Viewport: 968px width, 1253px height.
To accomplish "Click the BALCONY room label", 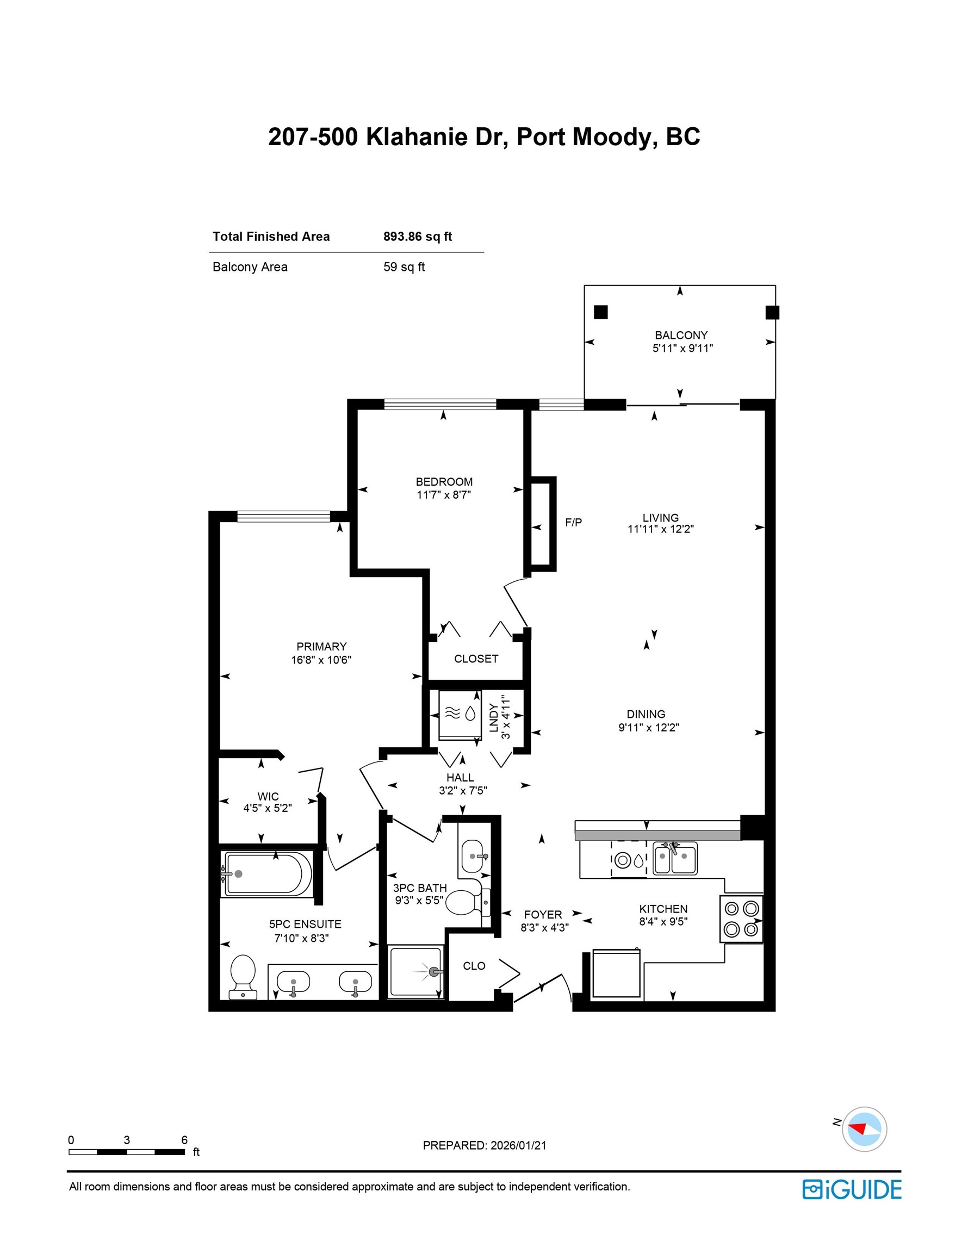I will pyautogui.click(x=681, y=335).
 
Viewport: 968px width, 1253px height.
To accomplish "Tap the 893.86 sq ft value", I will pyautogui.click(x=417, y=237).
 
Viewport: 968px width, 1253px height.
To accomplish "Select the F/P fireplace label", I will pyautogui.click(x=573, y=522).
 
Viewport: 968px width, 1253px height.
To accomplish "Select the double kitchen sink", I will pyautogui.click(x=675, y=859).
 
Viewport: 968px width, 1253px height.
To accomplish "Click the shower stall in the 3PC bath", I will pyautogui.click(x=415, y=972).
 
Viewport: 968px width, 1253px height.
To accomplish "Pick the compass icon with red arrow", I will pyautogui.click(x=864, y=1129).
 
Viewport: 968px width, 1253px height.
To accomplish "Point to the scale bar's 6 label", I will pyautogui.click(x=184, y=1140).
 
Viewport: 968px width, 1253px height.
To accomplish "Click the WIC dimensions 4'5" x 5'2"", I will pyautogui.click(x=268, y=808).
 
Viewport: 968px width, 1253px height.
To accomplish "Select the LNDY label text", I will pyautogui.click(x=494, y=718).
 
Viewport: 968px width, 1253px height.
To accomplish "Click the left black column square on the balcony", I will pyautogui.click(x=600, y=312).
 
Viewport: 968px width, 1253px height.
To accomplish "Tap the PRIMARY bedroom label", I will pyautogui.click(x=321, y=647).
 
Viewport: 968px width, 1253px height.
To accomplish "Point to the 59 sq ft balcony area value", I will pyautogui.click(x=404, y=267).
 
